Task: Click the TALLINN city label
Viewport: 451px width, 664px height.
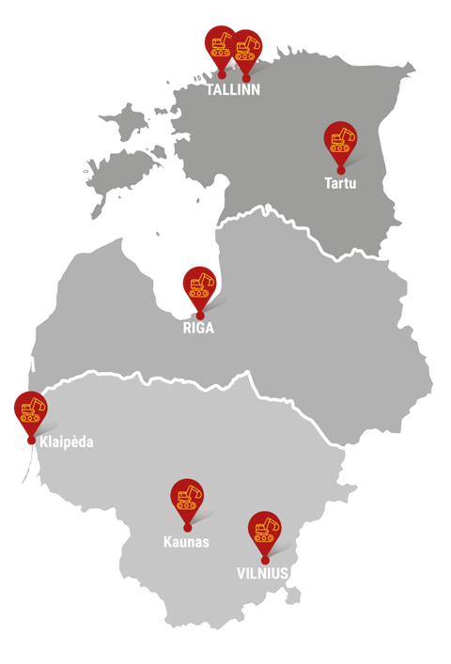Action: [x=233, y=90]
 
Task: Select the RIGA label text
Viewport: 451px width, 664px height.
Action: [x=198, y=329]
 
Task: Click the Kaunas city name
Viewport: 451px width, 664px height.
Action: [x=186, y=542]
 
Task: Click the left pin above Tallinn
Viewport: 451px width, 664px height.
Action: [x=221, y=43]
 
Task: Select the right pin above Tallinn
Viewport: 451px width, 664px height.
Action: [x=247, y=47]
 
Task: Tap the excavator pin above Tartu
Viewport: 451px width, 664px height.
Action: [x=340, y=140]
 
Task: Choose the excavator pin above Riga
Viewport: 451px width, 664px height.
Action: [x=198, y=284]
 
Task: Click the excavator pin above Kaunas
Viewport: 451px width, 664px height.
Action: [x=187, y=497]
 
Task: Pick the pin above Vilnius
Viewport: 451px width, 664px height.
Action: [x=264, y=529]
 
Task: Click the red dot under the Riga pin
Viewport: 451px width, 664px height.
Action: [x=198, y=315]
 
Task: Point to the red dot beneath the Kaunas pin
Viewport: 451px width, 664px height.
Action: [x=187, y=528]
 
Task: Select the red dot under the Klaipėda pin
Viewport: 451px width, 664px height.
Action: [x=30, y=440]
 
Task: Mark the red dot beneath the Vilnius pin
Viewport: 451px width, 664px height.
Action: [x=264, y=560]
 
